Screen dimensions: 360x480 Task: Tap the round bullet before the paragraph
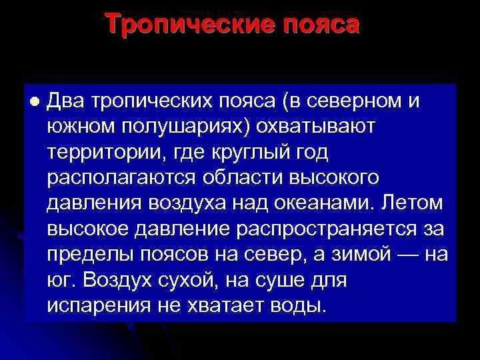click(33, 101)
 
